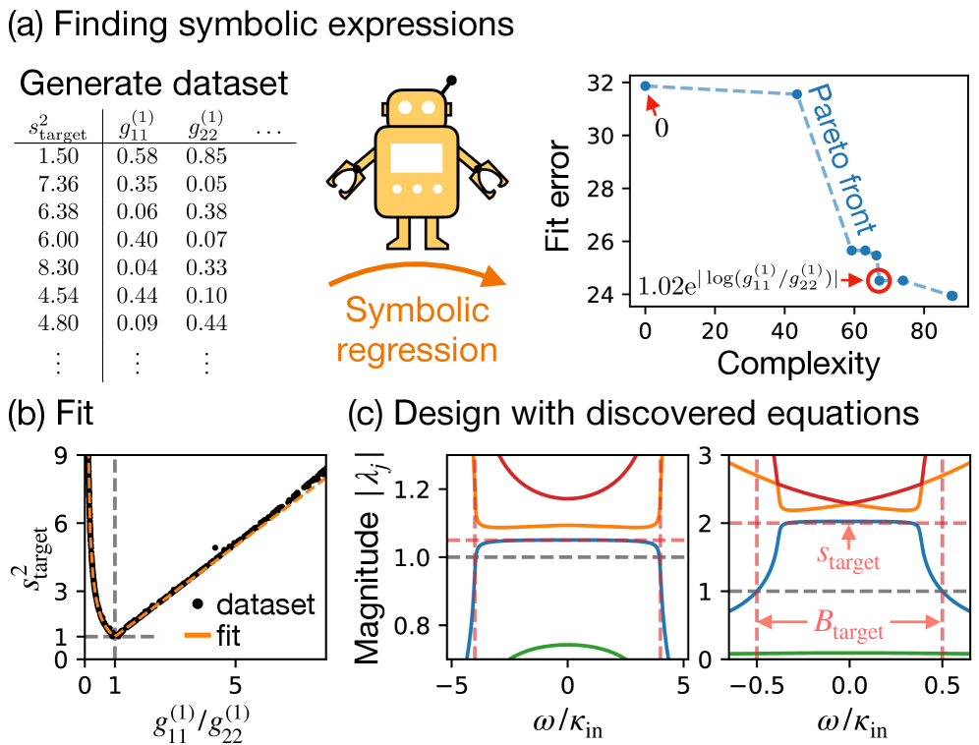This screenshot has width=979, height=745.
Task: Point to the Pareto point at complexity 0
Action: [x=645, y=86]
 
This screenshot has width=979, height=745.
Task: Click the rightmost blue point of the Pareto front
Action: [x=951, y=295]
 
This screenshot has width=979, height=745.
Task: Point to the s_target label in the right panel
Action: [x=850, y=561]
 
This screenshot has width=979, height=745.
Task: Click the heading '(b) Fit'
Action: [x=54, y=415]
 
